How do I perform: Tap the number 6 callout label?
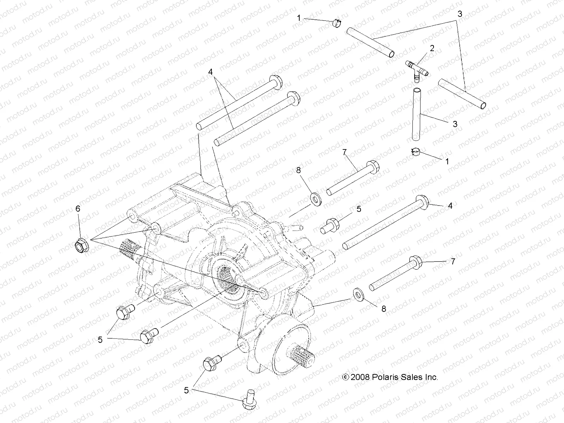click(78, 209)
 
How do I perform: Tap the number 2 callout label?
click(432, 48)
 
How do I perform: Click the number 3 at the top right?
click(460, 14)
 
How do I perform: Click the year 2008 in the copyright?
click(360, 377)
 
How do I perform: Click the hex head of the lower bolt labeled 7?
click(416, 264)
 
